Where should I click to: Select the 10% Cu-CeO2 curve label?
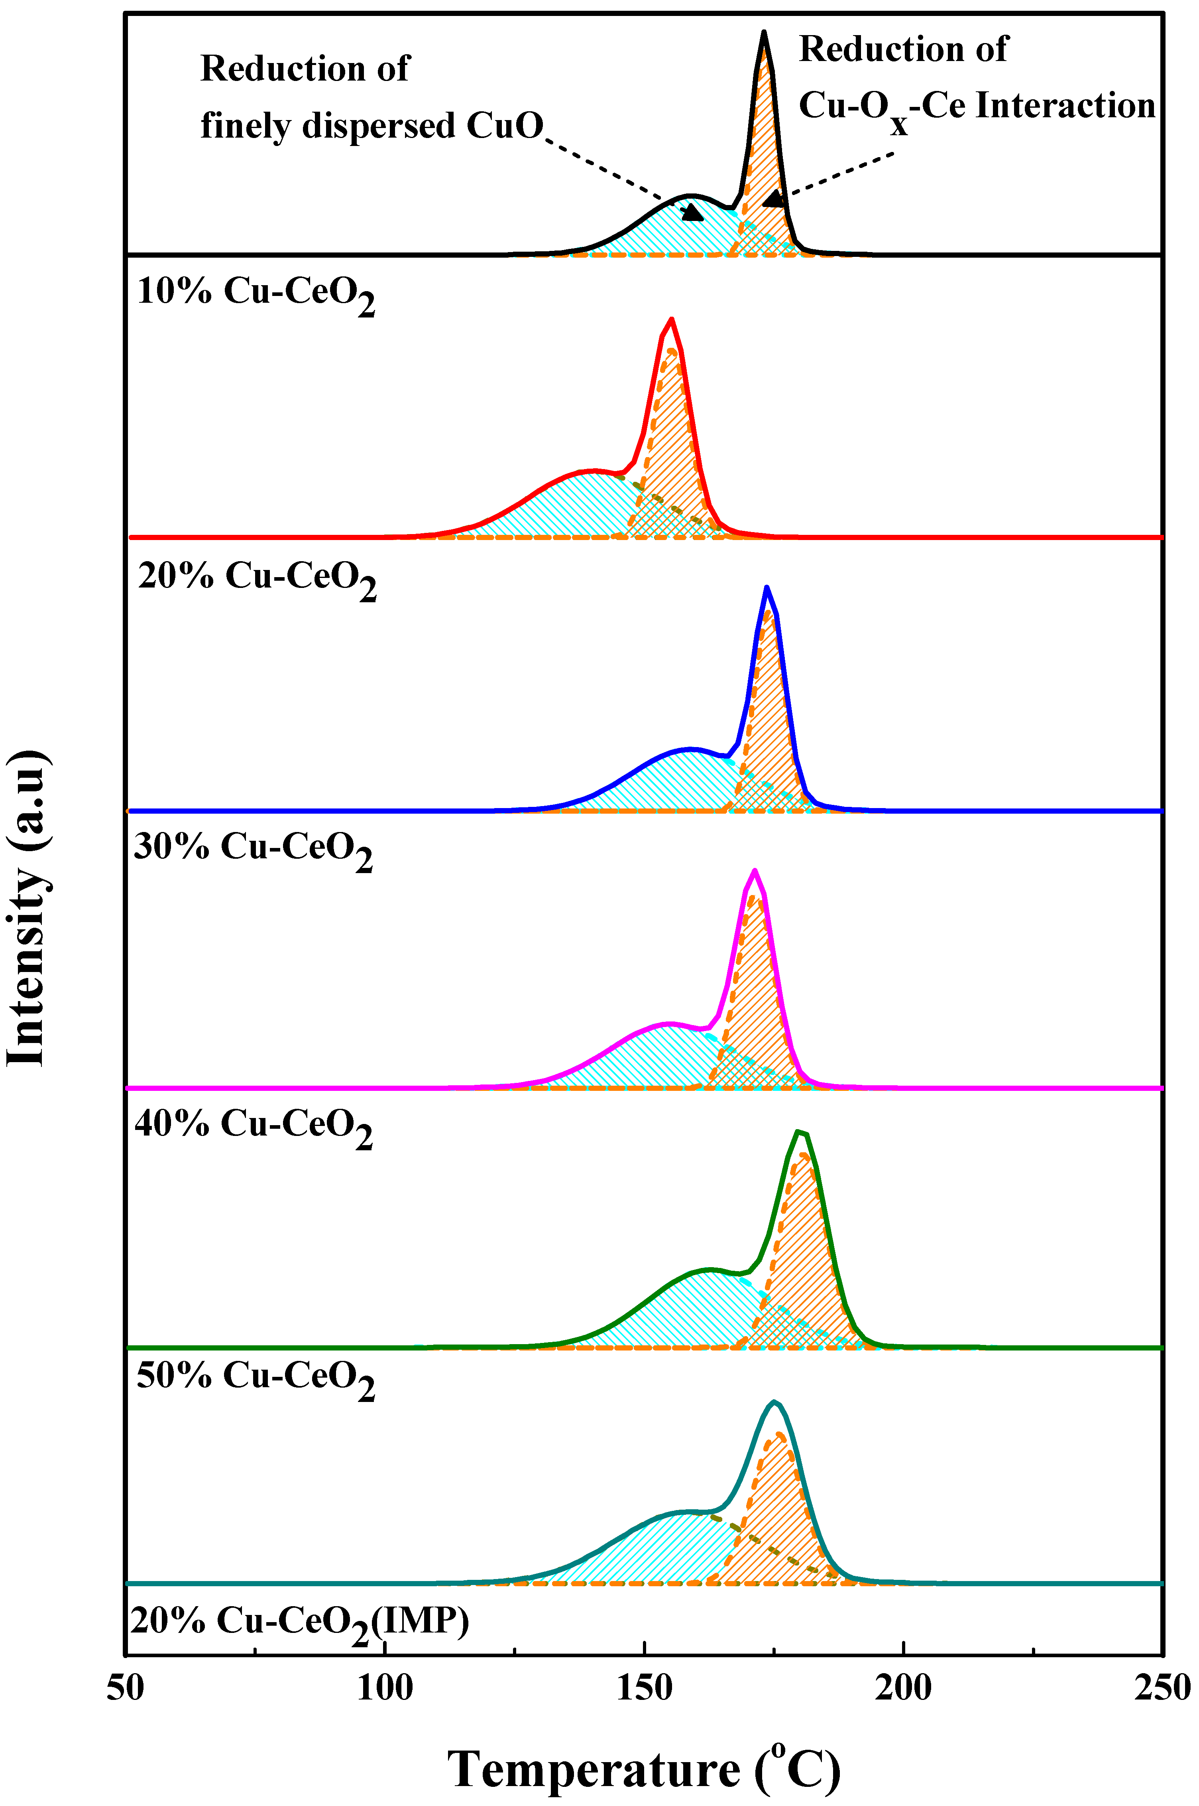pos(256,294)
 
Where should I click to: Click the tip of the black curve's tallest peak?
pos(763,32)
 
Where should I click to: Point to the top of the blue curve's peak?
pos(766,588)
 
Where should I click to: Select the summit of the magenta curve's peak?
pos(755,870)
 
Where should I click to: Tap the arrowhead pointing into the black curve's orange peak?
pos(774,199)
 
